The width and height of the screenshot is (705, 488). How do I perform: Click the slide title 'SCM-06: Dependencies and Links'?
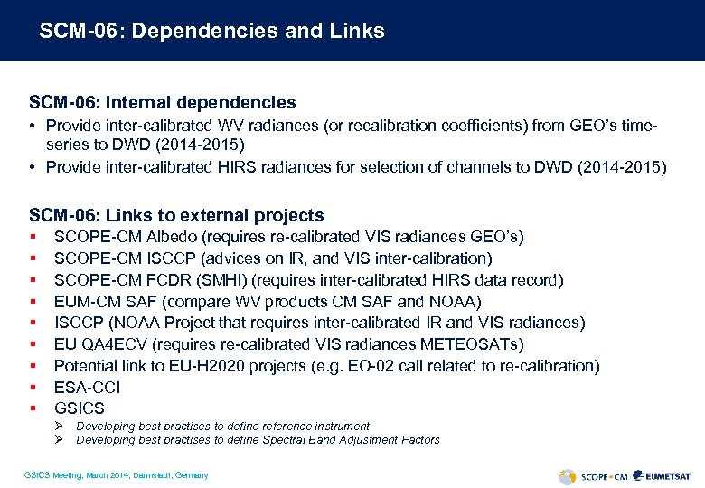211,31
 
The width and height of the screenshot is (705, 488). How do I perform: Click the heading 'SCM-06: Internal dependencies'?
162,103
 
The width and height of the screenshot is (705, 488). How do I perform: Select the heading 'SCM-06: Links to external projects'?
176,215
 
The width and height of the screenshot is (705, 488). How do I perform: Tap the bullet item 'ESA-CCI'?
87,388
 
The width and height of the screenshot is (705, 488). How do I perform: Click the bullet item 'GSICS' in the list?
80,408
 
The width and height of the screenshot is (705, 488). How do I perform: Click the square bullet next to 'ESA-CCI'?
32,388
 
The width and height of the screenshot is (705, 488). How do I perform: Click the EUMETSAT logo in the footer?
663,475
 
